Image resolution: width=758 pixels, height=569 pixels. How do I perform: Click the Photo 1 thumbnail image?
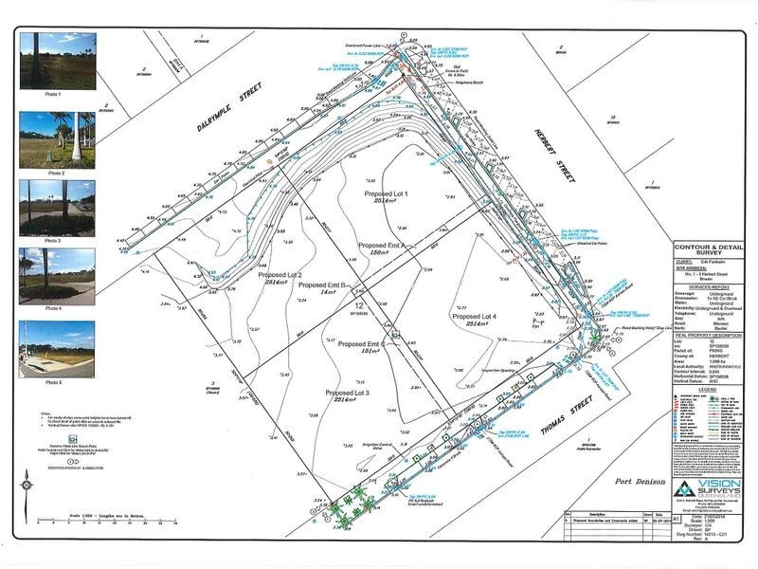(x=57, y=61)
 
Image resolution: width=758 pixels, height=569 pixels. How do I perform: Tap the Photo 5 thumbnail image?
(x=57, y=347)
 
